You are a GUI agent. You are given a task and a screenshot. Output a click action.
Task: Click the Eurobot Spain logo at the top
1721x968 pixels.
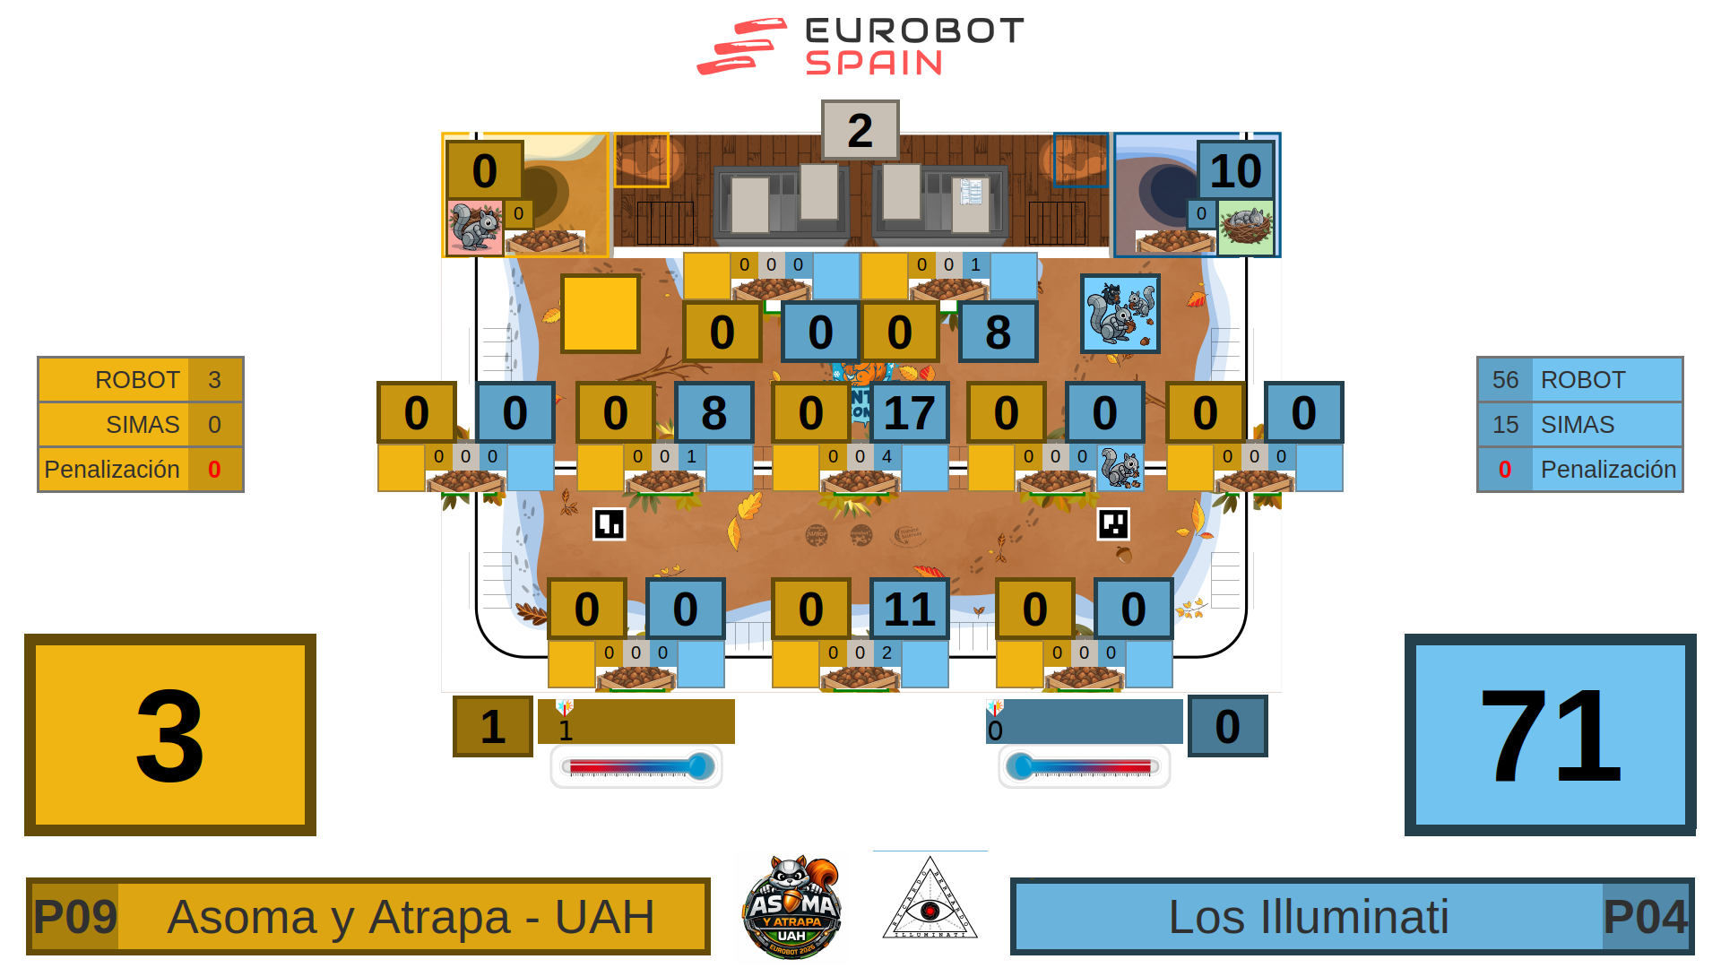860,47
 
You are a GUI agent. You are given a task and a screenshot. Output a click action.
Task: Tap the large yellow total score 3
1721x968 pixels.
170,735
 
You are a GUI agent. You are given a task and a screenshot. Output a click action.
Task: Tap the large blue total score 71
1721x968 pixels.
1550,735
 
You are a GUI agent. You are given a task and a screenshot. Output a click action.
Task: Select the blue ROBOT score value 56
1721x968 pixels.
1505,380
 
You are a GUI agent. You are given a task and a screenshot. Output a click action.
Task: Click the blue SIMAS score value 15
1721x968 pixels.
1505,425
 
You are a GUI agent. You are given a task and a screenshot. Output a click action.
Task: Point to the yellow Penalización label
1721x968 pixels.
113,470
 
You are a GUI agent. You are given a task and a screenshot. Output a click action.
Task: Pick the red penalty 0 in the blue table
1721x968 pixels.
1505,470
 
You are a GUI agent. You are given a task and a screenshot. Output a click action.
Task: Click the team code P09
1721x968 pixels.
75,917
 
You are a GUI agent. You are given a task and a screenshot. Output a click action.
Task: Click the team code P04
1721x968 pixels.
1645,917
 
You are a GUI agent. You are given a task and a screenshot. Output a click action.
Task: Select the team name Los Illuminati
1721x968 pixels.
1308,917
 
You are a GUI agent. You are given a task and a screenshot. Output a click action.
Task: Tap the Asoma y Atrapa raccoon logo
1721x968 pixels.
791,907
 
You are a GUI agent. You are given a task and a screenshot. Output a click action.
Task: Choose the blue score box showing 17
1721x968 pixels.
909,412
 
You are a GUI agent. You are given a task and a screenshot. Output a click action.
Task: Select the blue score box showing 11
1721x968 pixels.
909,609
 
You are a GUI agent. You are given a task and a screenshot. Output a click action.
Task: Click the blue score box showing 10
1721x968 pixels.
1235,170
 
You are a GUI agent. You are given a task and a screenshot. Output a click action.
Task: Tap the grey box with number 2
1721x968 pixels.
860,130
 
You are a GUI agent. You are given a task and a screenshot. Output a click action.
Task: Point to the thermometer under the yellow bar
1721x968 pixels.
636,767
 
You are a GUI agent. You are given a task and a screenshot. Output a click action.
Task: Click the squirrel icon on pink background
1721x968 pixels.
474,228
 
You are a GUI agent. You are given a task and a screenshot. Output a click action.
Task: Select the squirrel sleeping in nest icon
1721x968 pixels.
1245,227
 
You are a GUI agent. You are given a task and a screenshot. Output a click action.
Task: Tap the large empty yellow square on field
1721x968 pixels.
601,314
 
